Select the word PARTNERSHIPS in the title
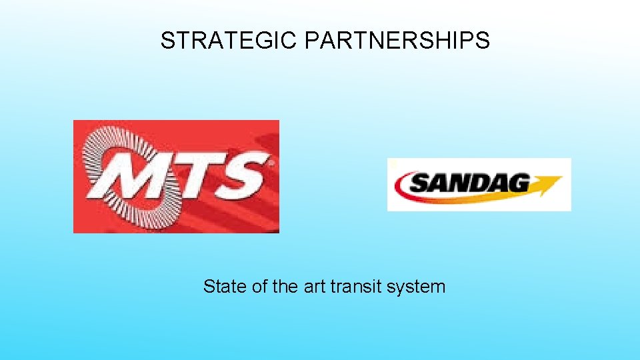pos(397,41)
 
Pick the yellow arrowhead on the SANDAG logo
pos(551,183)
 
